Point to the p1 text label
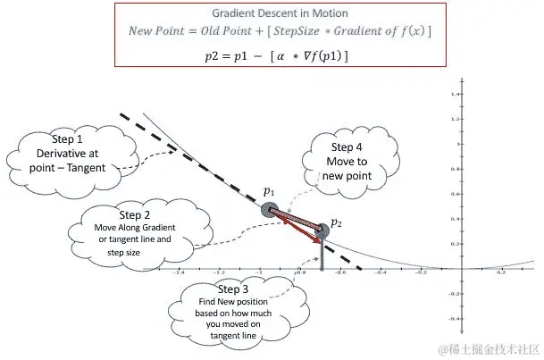[x=268, y=191]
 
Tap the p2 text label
[x=336, y=222]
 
